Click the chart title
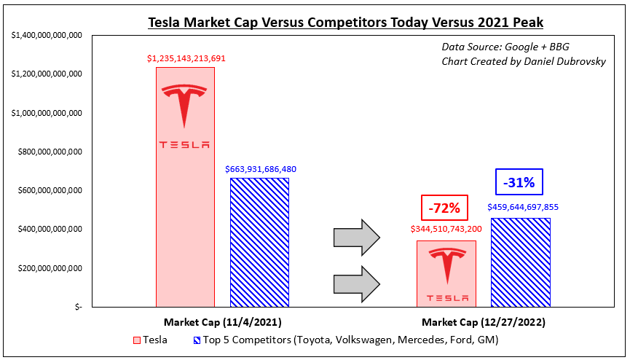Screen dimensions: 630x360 click(x=345, y=22)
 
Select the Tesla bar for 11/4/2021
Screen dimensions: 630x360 click(x=185, y=187)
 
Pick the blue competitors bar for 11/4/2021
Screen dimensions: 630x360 click(x=259, y=243)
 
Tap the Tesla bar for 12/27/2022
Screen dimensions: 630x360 click(x=446, y=274)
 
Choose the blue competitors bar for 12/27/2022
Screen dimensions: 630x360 click(x=521, y=262)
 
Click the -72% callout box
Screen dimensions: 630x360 click(x=444, y=208)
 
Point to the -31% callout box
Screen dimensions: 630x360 click(x=519, y=182)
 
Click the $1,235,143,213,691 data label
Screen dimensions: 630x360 click(x=186, y=59)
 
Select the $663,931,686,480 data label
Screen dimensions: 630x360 click(x=261, y=169)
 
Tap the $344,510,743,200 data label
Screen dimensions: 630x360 click(x=446, y=230)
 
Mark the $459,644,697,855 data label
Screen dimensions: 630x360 click(x=523, y=208)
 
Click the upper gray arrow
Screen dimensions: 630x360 click(x=357, y=238)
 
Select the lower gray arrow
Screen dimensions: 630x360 click(x=357, y=284)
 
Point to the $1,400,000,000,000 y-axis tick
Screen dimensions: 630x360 click(x=47, y=36)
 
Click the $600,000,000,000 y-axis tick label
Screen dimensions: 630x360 click(x=50, y=191)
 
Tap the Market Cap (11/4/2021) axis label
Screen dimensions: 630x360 click(x=223, y=322)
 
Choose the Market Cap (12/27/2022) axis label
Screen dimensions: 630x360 click(x=484, y=322)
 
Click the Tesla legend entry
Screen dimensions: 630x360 click(x=150, y=340)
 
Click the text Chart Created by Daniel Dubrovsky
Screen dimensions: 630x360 click(x=524, y=61)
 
